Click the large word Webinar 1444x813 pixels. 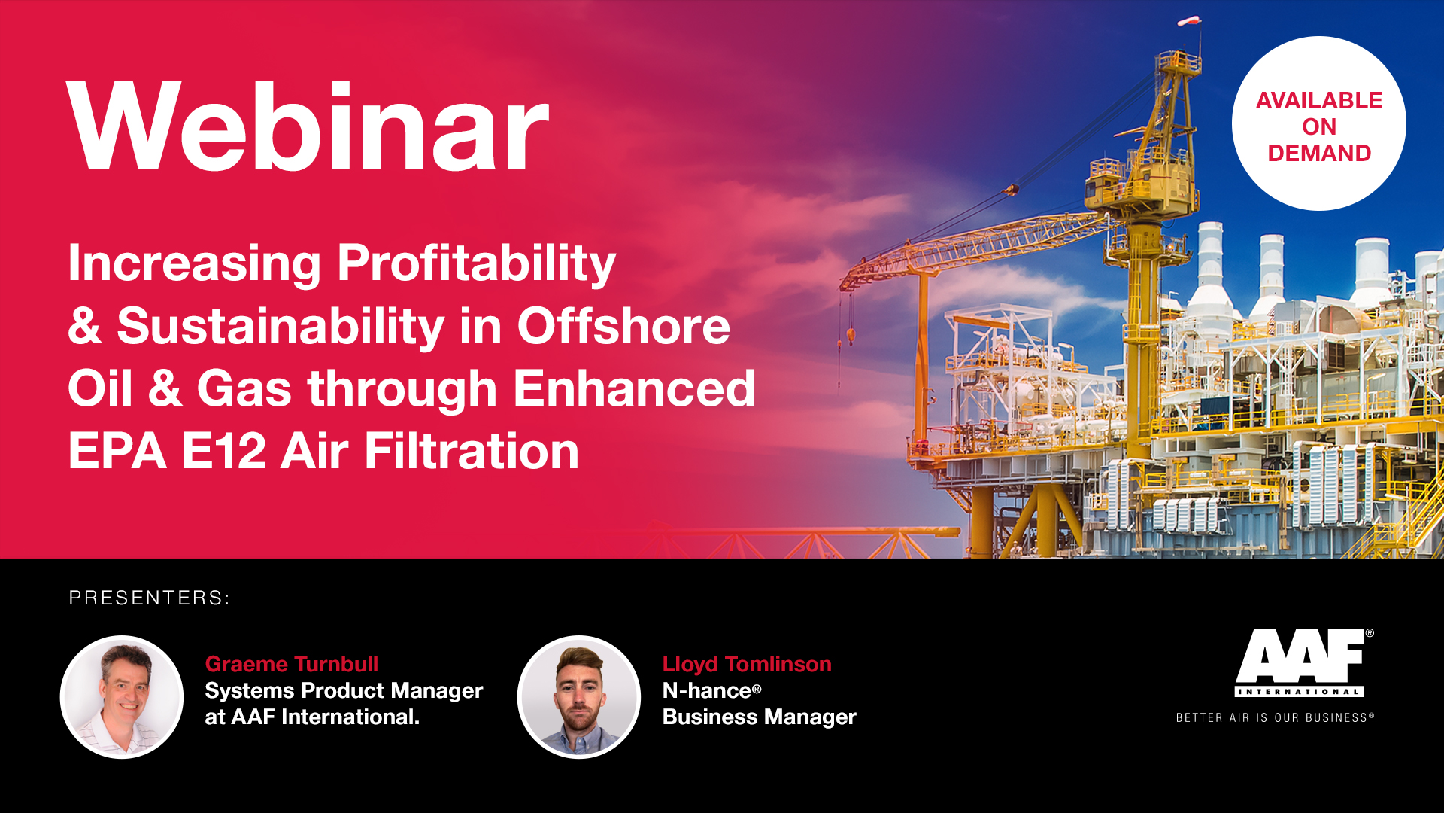[308, 126]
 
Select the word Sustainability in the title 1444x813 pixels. [281, 327]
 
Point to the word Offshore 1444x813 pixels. [623, 326]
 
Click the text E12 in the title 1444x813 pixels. [224, 451]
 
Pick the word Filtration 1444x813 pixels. [472, 451]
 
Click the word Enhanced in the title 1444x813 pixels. [634, 388]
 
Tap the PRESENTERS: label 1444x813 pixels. [149, 598]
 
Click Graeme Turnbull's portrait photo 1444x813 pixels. [122, 697]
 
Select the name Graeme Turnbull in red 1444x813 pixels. [292, 664]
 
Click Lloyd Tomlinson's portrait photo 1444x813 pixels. [579, 697]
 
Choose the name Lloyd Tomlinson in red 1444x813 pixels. [747, 664]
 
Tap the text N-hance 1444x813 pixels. [707, 690]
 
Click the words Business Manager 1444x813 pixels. [759, 717]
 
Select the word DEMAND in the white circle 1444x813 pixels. [1319, 153]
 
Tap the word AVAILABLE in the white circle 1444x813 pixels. [1319, 100]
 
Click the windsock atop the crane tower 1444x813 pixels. [1188, 21]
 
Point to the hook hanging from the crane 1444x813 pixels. [851, 333]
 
